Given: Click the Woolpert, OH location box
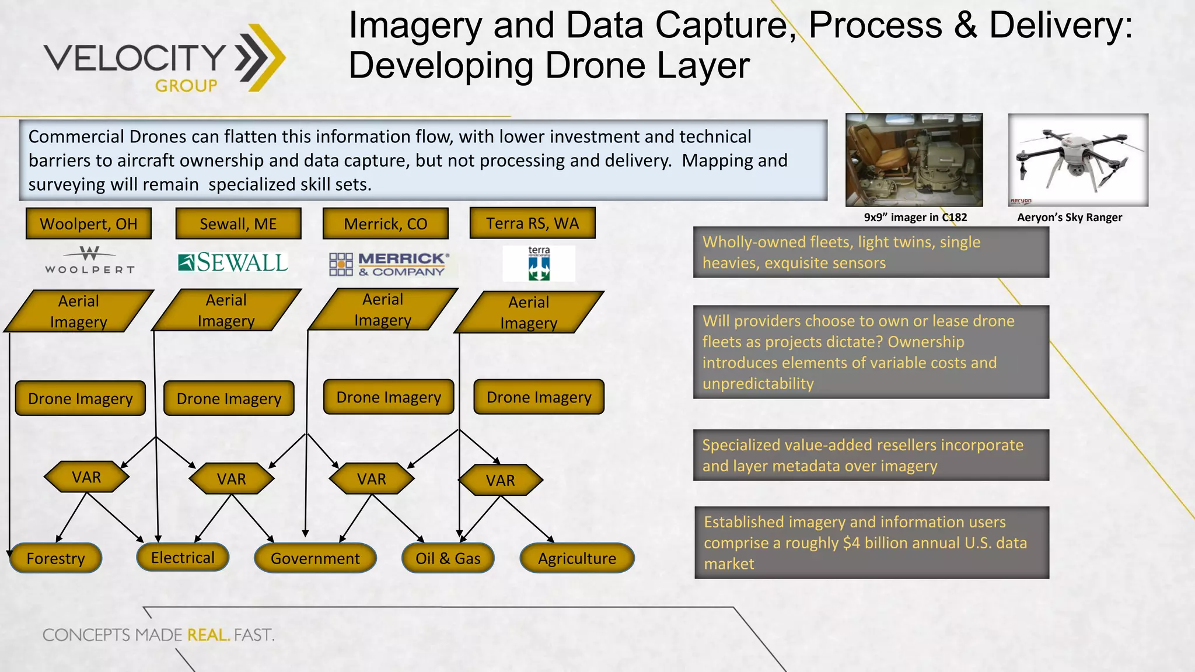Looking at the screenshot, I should tap(89, 223).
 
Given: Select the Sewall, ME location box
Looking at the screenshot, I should tap(238, 223).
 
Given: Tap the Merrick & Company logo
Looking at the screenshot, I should tap(389, 264).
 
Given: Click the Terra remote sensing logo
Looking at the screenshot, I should tap(539, 264).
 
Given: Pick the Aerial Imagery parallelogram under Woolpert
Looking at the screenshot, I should tap(79, 311).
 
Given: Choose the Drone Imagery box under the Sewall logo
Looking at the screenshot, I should tap(229, 398).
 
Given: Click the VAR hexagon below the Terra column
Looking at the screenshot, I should tap(501, 480).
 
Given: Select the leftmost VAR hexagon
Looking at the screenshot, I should tap(86, 477).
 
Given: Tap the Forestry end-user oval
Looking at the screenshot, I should tap(56, 558).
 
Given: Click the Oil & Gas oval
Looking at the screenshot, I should tap(448, 558).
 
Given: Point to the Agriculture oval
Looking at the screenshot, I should tap(576, 558).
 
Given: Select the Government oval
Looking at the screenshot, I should tap(315, 558).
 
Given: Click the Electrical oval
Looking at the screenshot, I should tap(183, 557).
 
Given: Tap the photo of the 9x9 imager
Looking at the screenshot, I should tap(914, 160).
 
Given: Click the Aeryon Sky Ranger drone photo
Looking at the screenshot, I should tap(1078, 160).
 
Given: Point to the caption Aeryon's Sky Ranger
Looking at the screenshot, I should tap(1070, 218).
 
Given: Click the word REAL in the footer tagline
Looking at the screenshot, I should tap(208, 635).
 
